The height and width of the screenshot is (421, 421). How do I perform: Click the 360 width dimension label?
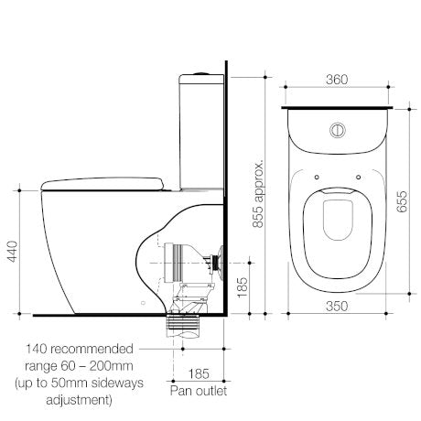(338, 80)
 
